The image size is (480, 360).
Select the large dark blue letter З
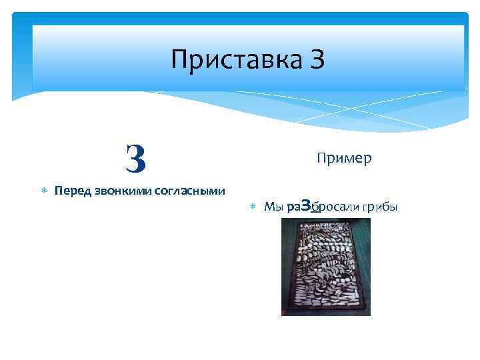coord(135,158)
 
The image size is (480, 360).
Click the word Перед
coord(71,191)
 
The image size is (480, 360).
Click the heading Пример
coord(344,158)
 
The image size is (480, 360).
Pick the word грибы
coord(381,207)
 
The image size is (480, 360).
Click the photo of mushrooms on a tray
coord(325,267)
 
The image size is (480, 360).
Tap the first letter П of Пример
coord(322,158)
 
